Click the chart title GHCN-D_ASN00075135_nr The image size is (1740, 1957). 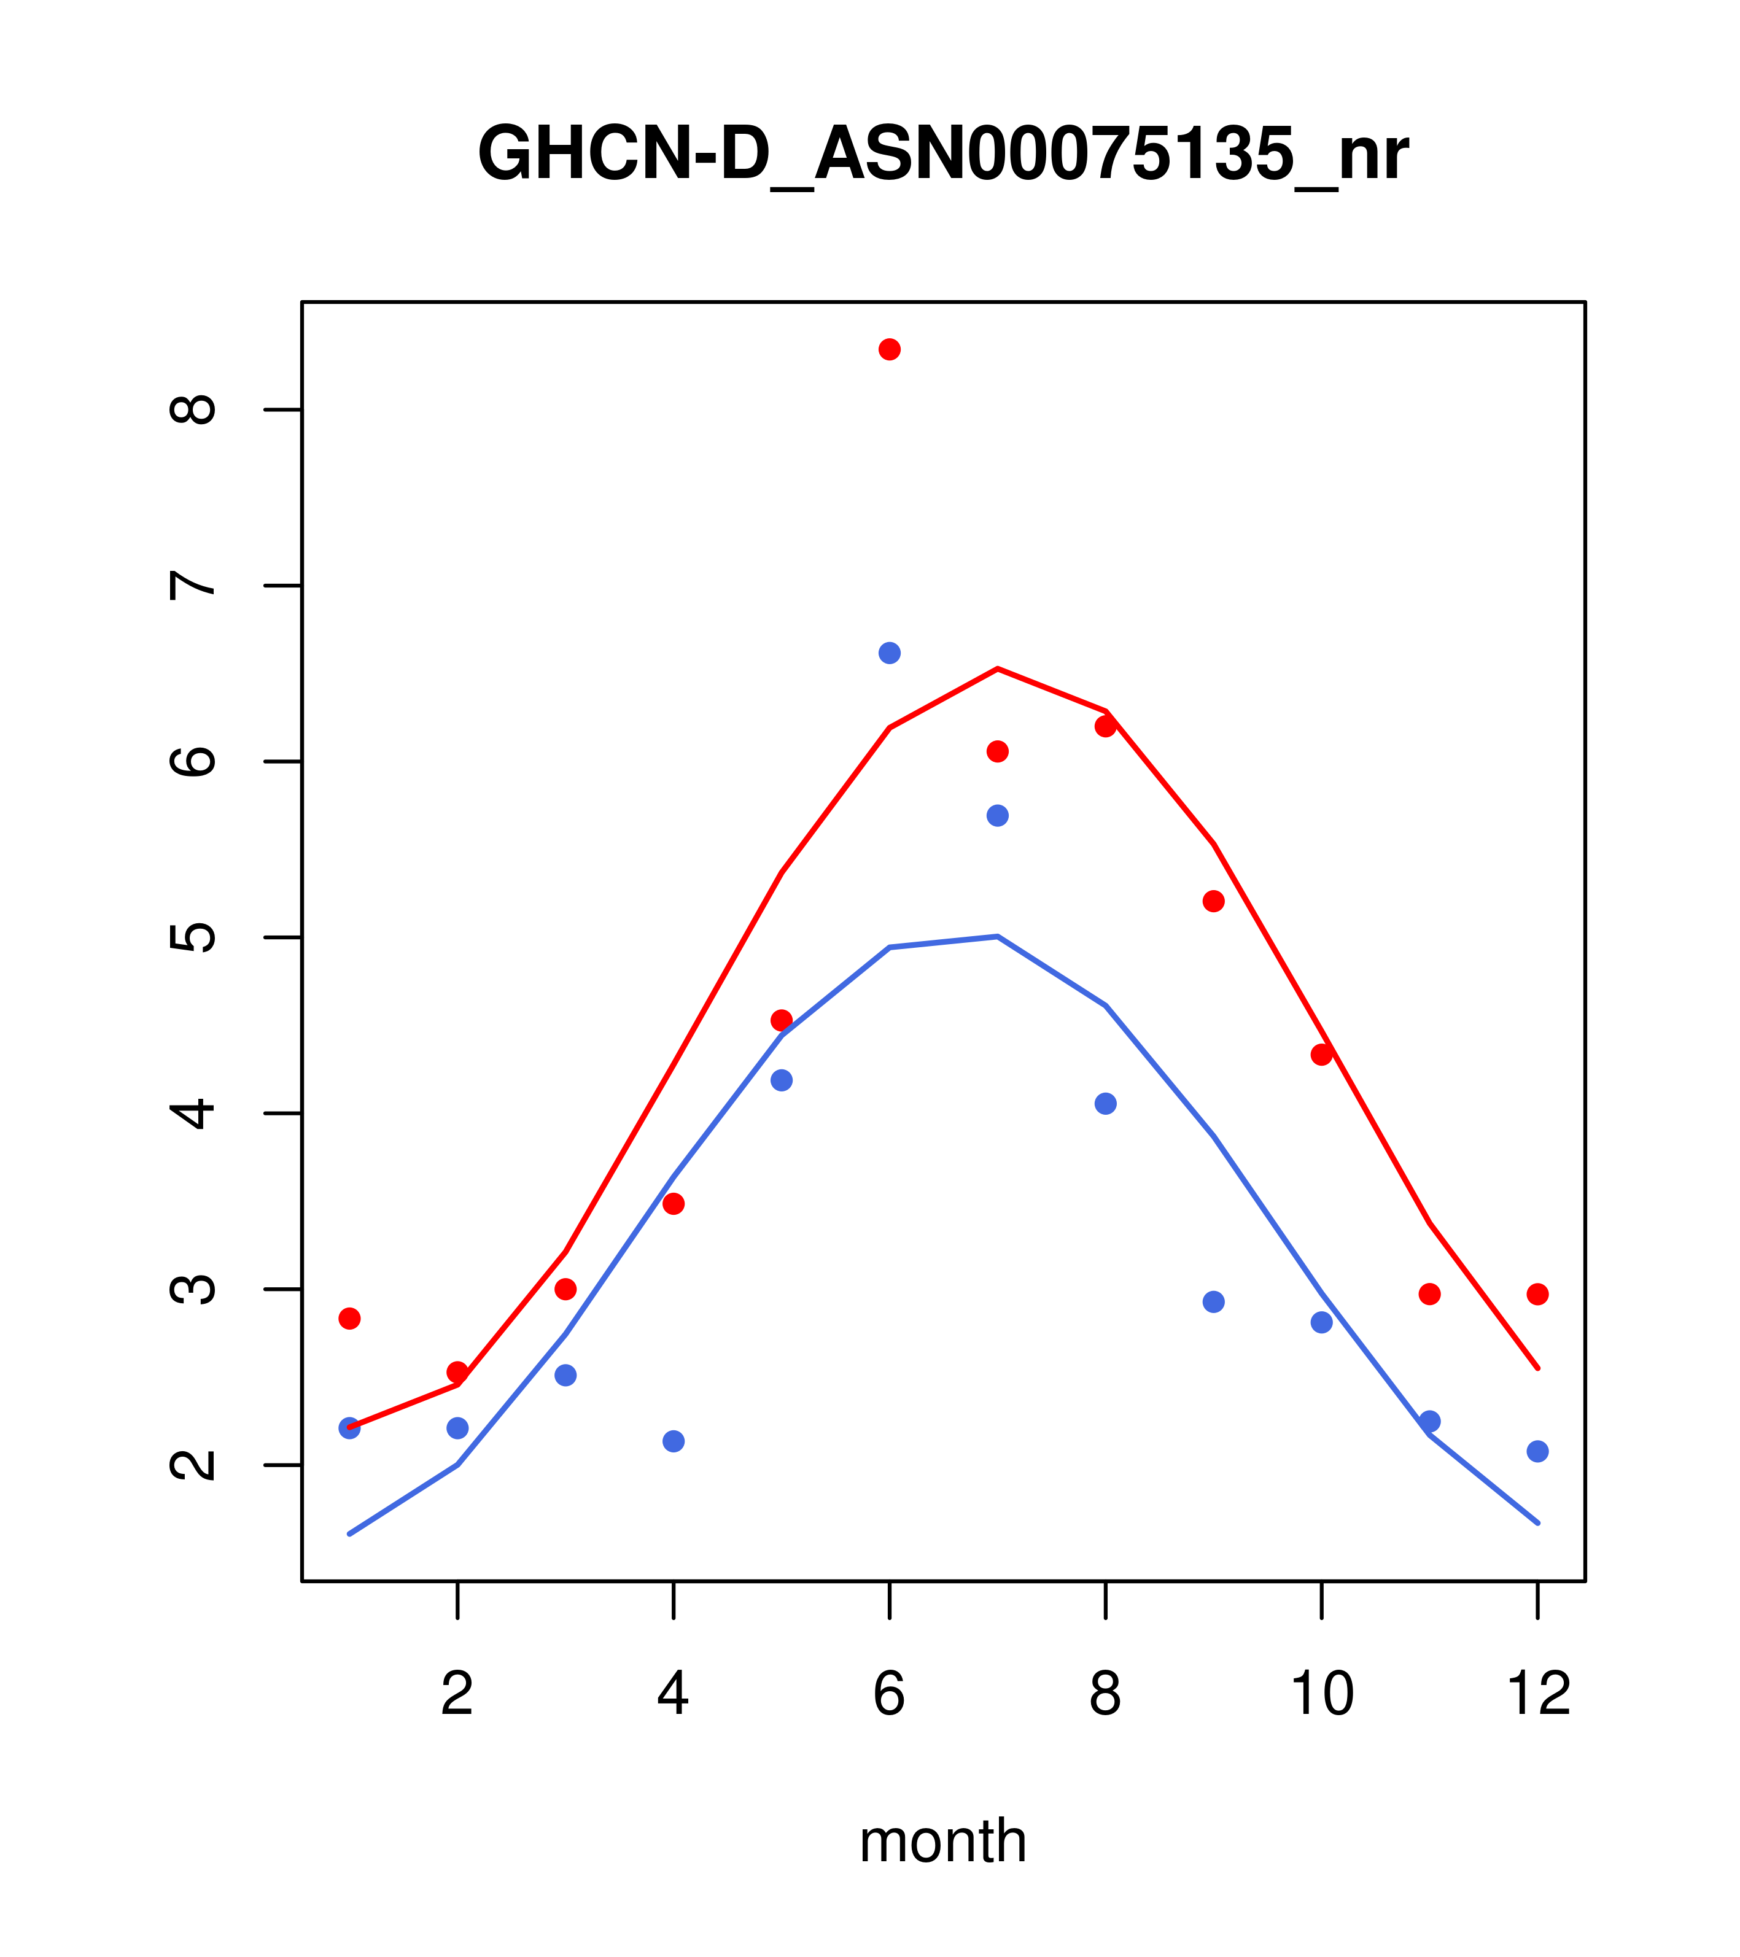(942, 154)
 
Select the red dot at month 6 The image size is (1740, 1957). (890, 349)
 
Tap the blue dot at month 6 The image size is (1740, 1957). (890, 653)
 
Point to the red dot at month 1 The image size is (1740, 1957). (349, 1319)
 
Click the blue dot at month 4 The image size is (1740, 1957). (674, 1441)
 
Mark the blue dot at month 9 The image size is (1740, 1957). (1213, 1302)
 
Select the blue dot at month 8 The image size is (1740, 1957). (1106, 1104)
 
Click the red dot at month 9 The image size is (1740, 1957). (1213, 901)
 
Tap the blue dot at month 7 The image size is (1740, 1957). (998, 816)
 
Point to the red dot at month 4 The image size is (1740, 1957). (674, 1204)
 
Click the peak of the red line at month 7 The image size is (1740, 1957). (998, 668)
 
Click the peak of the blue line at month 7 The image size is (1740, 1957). (998, 936)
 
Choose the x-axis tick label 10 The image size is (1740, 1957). (1321, 1694)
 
